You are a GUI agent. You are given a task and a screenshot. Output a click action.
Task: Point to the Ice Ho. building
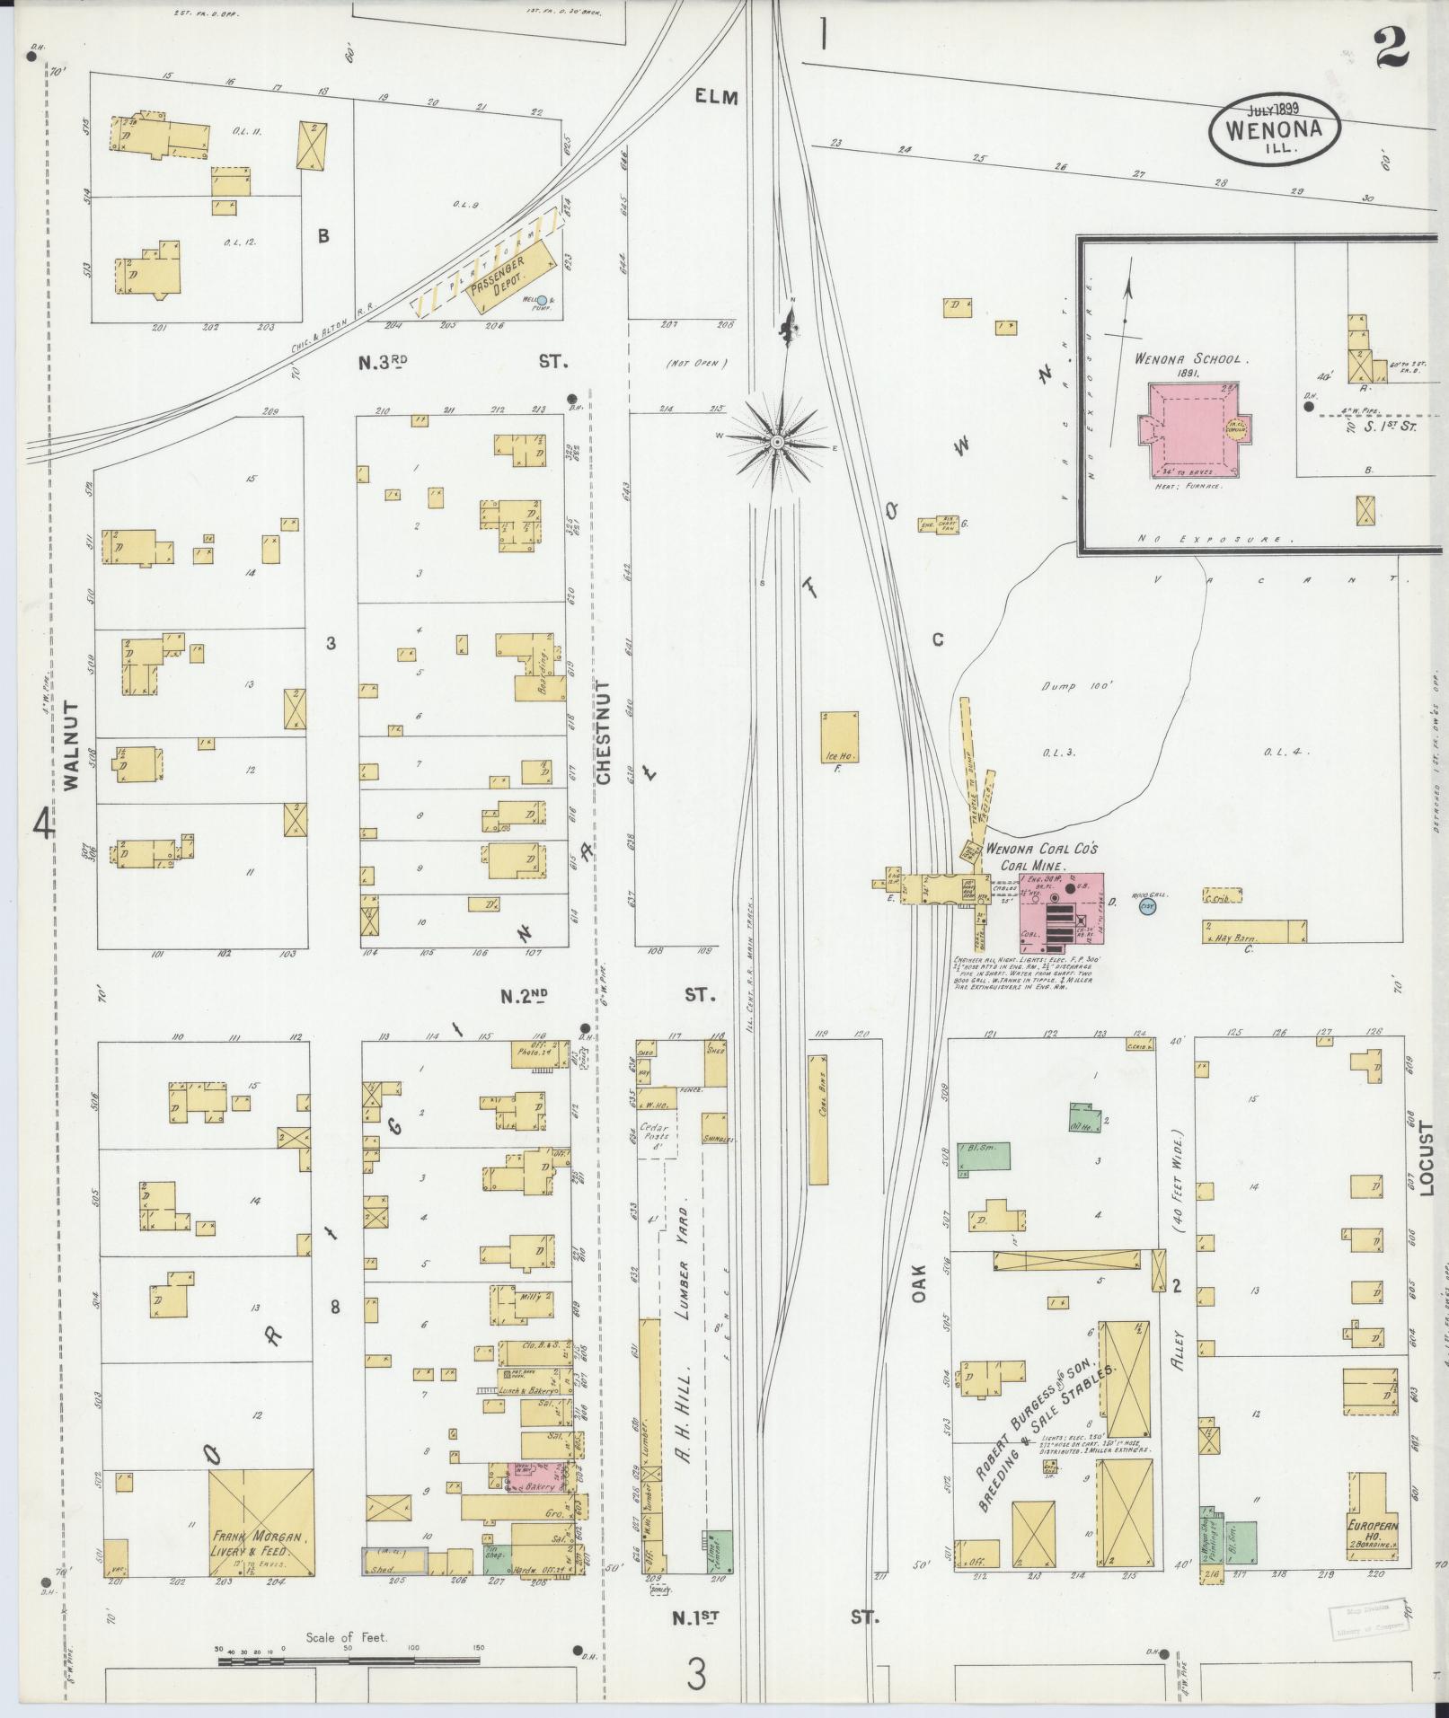pyautogui.click(x=839, y=738)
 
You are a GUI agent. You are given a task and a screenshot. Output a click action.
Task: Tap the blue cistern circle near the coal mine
pyautogui.click(x=1146, y=907)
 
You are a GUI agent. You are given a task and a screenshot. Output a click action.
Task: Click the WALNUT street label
pyautogui.click(x=72, y=745)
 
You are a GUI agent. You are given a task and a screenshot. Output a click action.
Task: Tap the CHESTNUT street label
pyautogui.click(x=604, y=732)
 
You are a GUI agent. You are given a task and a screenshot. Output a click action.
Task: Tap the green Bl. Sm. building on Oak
pyautogui.click(x=982, y=1159)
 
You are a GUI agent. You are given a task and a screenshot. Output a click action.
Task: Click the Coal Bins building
pyautogui.click(x=817, y=1119)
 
